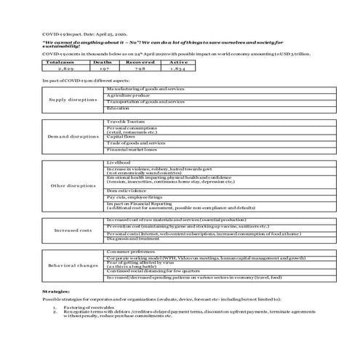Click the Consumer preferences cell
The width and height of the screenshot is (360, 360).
click(x=132, y=251)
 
